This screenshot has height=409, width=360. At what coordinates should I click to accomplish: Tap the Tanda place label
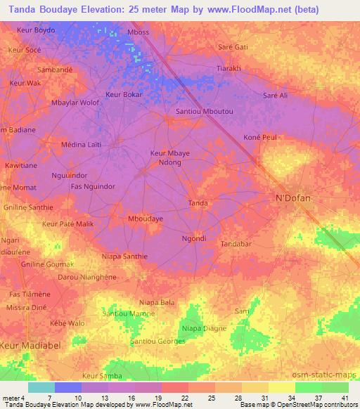(198, 203)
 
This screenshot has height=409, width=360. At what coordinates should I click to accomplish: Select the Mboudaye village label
(146, 219)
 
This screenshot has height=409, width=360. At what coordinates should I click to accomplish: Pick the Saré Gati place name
(233, 46)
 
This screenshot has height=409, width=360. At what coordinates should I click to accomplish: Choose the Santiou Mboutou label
(204, 112)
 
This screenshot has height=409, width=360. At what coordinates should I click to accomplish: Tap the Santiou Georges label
(157, 341)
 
